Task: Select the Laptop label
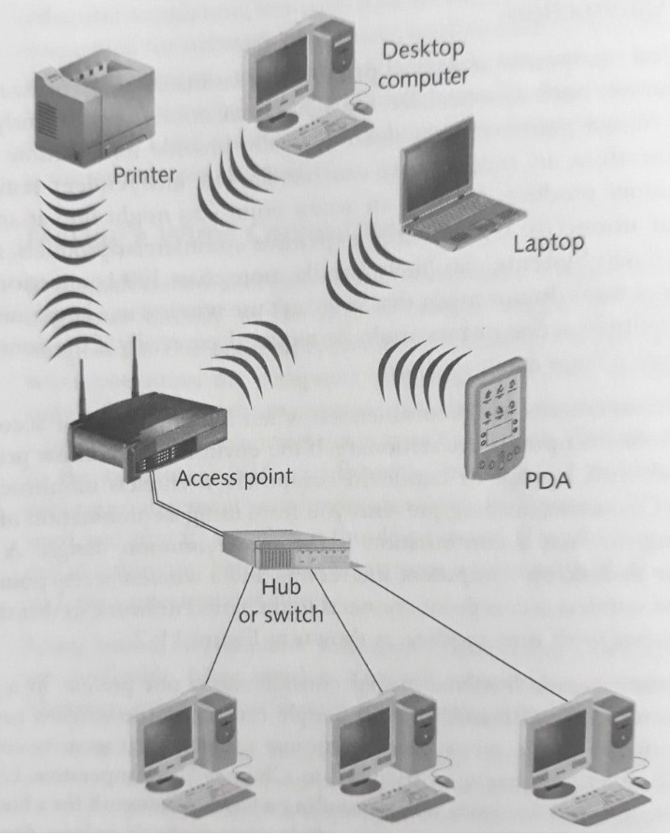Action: [x=549, y=244]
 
